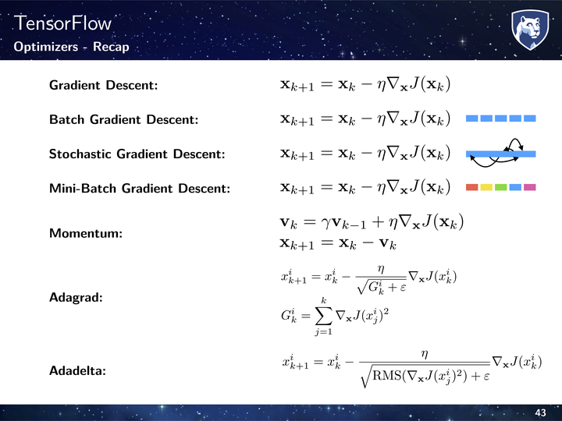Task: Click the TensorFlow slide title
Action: pos(62,23)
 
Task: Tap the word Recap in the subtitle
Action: pos(111,47)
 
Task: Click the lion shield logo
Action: pos(530,30)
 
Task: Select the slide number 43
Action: pos(540,412)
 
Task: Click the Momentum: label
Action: pos(86,233)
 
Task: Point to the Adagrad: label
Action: pos(76,298)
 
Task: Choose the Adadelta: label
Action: pos(78,370)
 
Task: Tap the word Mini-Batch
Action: pos(83,189)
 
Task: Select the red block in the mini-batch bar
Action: pos(471,187)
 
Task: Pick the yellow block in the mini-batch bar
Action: pos(486,187)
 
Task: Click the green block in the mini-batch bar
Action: pos(500,187)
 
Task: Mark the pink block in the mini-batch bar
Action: pos(530,187)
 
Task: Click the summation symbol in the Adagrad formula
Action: pos(323,316)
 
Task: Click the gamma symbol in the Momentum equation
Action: pos(325,224)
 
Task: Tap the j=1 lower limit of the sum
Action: pos(323,332)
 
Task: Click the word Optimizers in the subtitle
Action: pos(46,47)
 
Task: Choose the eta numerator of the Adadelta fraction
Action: pos(425,355)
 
